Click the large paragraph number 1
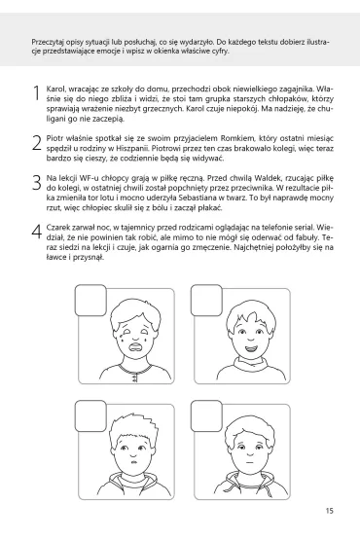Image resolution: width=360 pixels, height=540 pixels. [37, 93]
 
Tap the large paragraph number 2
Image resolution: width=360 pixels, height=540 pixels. [37, 142]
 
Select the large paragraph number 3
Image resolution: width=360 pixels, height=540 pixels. [37, 182]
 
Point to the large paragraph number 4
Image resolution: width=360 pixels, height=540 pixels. [37, 232]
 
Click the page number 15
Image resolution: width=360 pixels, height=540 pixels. [329, 511]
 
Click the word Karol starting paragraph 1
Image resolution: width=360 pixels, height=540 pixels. [54, 90]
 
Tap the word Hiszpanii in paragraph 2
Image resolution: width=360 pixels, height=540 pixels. [132, 149]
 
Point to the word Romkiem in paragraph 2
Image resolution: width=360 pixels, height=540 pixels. [235, 138]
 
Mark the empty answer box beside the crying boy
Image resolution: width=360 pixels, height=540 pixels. [90, 301]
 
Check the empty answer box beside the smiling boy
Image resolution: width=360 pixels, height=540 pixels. [206, 301]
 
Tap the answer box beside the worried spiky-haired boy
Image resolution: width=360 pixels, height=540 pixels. [90, 416]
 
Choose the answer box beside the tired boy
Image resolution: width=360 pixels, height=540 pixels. [206, 416]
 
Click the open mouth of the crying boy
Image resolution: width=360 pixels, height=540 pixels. [135, 346]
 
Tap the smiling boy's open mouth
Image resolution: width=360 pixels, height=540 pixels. [251, 348]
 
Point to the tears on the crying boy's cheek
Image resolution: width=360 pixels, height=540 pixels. [123, 338]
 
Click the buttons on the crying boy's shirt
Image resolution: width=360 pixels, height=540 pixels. [134, 378]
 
